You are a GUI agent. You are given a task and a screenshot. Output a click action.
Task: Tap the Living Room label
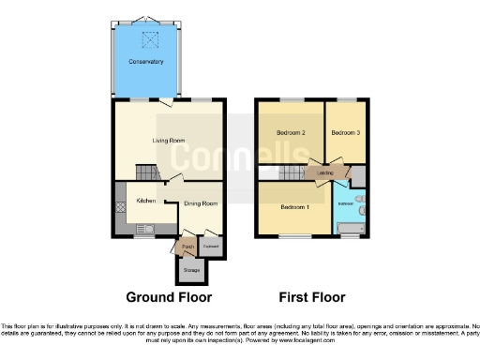point(168,141)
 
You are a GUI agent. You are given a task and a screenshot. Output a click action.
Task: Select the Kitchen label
point(144,201)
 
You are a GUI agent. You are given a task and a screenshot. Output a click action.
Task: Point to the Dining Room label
point(200,203)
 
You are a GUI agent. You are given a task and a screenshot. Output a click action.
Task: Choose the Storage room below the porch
point(190,270)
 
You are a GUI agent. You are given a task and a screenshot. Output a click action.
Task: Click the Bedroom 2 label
point(290,132)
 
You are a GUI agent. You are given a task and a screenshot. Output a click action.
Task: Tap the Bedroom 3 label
point(345,132)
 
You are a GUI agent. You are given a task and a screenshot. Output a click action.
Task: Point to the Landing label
point(325,173)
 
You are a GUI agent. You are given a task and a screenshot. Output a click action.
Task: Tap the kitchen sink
point(146,228)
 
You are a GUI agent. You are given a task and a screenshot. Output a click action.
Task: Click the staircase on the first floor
point(273,173)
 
